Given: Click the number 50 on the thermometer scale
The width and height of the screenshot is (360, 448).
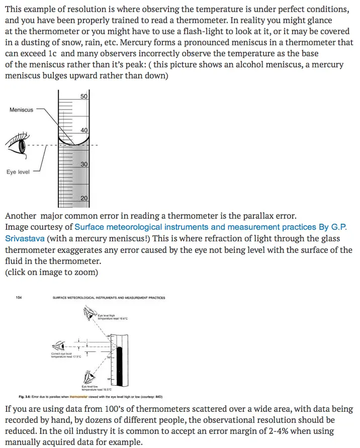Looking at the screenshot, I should pyautogui.click(x=84, y=97).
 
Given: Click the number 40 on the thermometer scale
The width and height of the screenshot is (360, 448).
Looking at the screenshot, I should pyautogui.click(x=84, y=130).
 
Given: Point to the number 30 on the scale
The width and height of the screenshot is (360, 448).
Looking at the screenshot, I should pyautogui.click(x=84, y=164).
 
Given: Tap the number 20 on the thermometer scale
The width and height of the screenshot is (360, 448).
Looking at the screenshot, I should pyautogui.click(x=84, y=198).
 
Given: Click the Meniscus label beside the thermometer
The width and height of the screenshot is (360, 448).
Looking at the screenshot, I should pyautogui.click(x=21, y=110).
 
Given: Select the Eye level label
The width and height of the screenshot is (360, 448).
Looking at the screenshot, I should pyautogui.click(x=18, y=172).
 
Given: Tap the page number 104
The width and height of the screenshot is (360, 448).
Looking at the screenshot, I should pyautogui.click(x=19, y=298).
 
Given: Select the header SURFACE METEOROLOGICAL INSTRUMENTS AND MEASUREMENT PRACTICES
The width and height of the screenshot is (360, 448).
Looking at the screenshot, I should pyautogui.click(x=109, y=298).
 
